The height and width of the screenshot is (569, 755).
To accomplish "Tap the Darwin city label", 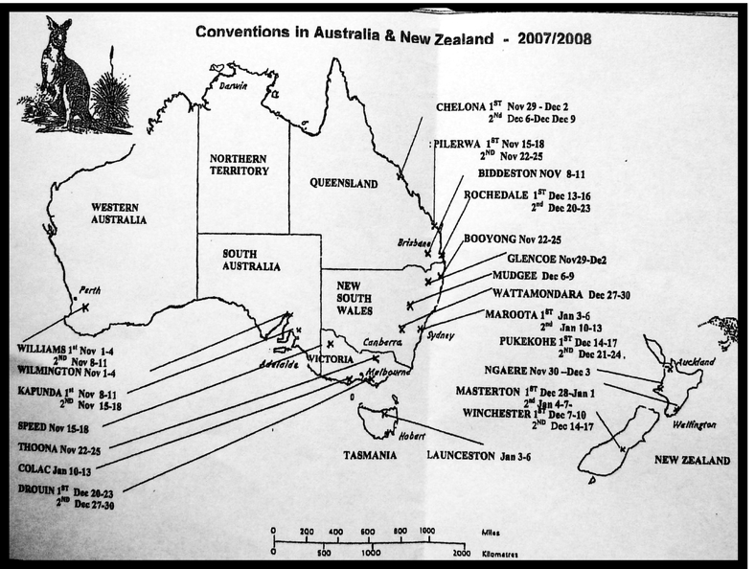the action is [x=233, y=84].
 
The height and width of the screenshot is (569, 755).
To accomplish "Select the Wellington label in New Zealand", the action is [x=696, y=422].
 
